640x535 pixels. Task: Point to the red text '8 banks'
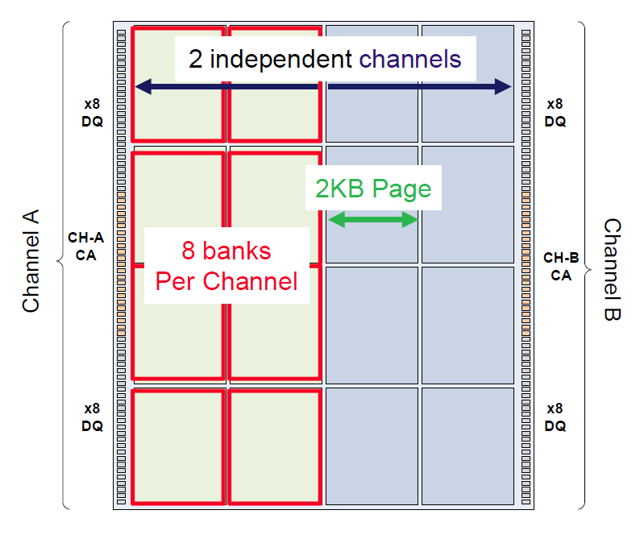pos(226,251)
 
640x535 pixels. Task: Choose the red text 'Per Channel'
pos(226,282)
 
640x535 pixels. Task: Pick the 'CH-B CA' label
pos(561,266)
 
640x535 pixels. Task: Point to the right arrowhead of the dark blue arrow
pos(505,86)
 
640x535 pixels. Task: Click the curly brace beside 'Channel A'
pos(62,262)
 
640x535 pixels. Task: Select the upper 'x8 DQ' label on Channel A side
pos(92,113)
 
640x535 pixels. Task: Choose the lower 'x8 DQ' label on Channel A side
pos(92,418)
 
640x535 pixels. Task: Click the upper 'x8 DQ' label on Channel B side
pos(555,113)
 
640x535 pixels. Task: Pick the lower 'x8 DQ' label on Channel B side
pos(555,418)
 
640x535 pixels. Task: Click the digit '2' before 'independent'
pos(196,59)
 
